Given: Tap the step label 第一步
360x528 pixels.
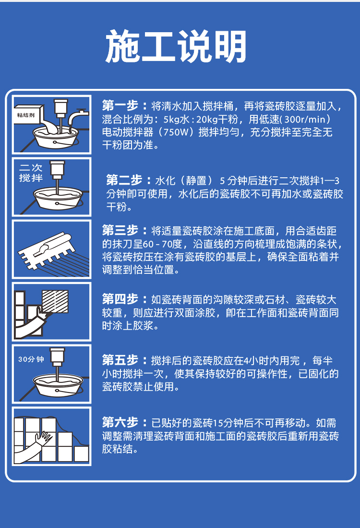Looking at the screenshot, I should [x=120, y=105].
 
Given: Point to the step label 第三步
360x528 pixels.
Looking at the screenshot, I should [x=120, y=230].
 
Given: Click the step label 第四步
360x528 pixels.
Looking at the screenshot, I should [x=120, y=299].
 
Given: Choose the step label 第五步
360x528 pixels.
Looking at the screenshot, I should [x=120, y=360].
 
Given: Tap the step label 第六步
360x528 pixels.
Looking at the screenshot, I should [x=120, y=422].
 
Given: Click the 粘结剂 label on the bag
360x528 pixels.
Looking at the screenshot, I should [x=25, y=115].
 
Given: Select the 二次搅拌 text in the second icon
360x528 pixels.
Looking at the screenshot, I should [x=31, y=173].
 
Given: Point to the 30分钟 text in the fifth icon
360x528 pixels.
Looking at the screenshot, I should [x=31, y=359].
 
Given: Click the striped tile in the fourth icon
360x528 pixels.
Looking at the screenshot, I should [x=55, y=301].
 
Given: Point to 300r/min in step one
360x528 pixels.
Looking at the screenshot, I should [x=301, y=119].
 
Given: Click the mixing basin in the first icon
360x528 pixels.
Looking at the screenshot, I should [x=55, y=134].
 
